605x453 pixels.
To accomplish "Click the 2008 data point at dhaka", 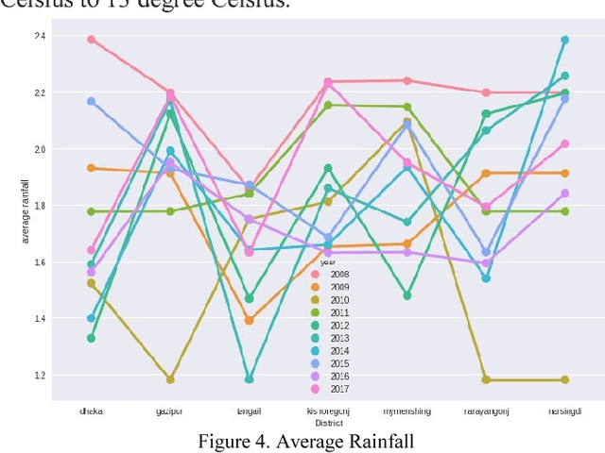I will [91, 40].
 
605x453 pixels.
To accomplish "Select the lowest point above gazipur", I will [170, 379].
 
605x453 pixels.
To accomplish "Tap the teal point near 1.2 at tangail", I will [249, 379].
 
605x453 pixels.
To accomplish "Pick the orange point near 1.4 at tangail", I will [249, 321].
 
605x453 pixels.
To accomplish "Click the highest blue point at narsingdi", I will [565, 40].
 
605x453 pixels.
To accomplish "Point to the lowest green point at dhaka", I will [91, 338].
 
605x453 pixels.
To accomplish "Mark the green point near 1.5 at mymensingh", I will [407, 295].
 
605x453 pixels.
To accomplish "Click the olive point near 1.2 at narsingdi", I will [565, 379].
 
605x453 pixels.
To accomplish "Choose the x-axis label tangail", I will [249, 411].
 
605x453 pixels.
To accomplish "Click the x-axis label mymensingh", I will [407, 411].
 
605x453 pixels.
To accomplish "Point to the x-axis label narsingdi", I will [565, 411].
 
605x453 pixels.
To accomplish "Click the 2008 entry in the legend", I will [336, 275].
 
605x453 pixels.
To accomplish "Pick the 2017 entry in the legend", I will [336, 388].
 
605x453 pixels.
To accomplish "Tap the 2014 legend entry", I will [336, 350].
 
